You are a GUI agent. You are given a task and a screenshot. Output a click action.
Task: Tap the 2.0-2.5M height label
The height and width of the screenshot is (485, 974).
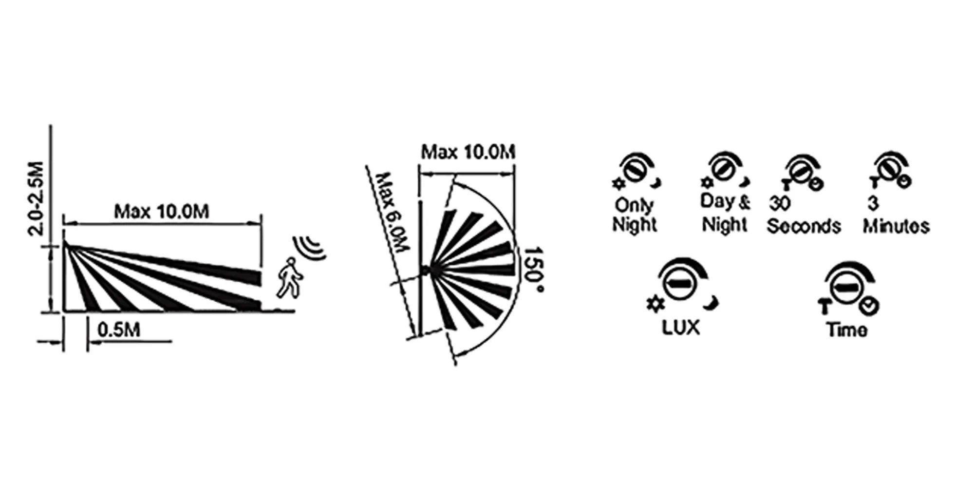[36, 198]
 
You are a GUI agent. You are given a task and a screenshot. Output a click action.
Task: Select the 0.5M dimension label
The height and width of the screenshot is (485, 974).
[119, 330]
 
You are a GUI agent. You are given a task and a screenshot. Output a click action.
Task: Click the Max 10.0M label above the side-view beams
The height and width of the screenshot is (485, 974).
[162, 212]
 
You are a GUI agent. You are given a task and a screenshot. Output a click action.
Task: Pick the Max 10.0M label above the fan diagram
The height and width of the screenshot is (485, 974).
[468, 152]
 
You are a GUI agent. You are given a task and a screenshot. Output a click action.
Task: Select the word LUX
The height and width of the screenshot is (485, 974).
[681, 327]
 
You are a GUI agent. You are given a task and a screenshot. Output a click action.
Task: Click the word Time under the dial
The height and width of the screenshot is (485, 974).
[847, 330]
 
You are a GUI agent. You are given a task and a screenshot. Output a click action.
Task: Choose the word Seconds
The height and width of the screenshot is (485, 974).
[804, 226]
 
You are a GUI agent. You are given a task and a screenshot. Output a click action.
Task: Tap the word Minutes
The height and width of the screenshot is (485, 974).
[897, 226]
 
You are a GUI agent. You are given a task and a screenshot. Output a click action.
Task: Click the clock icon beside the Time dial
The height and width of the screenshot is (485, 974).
[869, 306]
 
